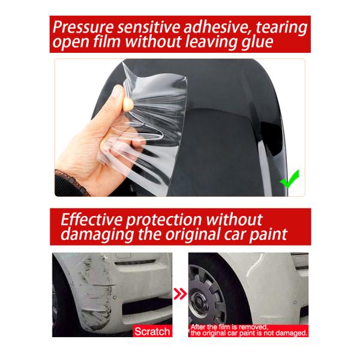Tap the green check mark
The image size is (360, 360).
(290, 178)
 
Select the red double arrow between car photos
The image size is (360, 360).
(179, 295)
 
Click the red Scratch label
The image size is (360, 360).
(152, 331)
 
